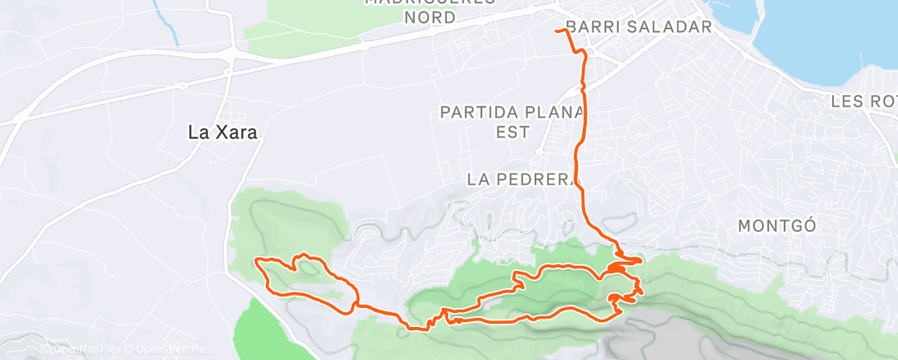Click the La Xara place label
click(218, 132)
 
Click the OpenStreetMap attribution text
click(174, 349)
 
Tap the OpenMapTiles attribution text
click(87, 349)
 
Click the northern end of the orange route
click(558, 31)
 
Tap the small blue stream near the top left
click(169, 29)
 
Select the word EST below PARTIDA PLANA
click(510, 130)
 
